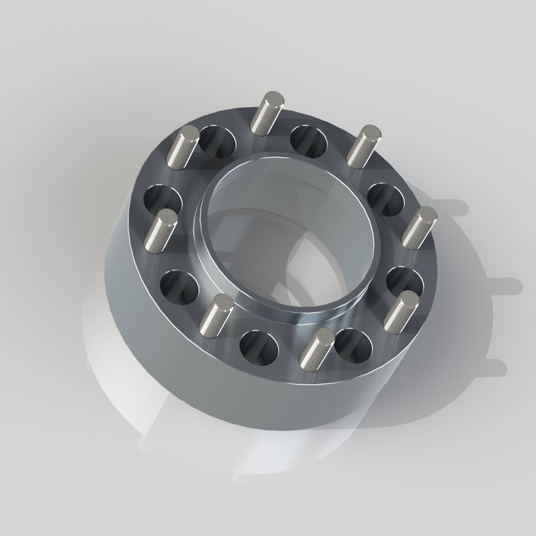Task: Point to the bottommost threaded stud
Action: click(316, 346)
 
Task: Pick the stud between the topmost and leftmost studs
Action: click(182, 146)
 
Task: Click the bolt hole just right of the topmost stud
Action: click(309, 142)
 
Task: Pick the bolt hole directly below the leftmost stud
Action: click(179, 286)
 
